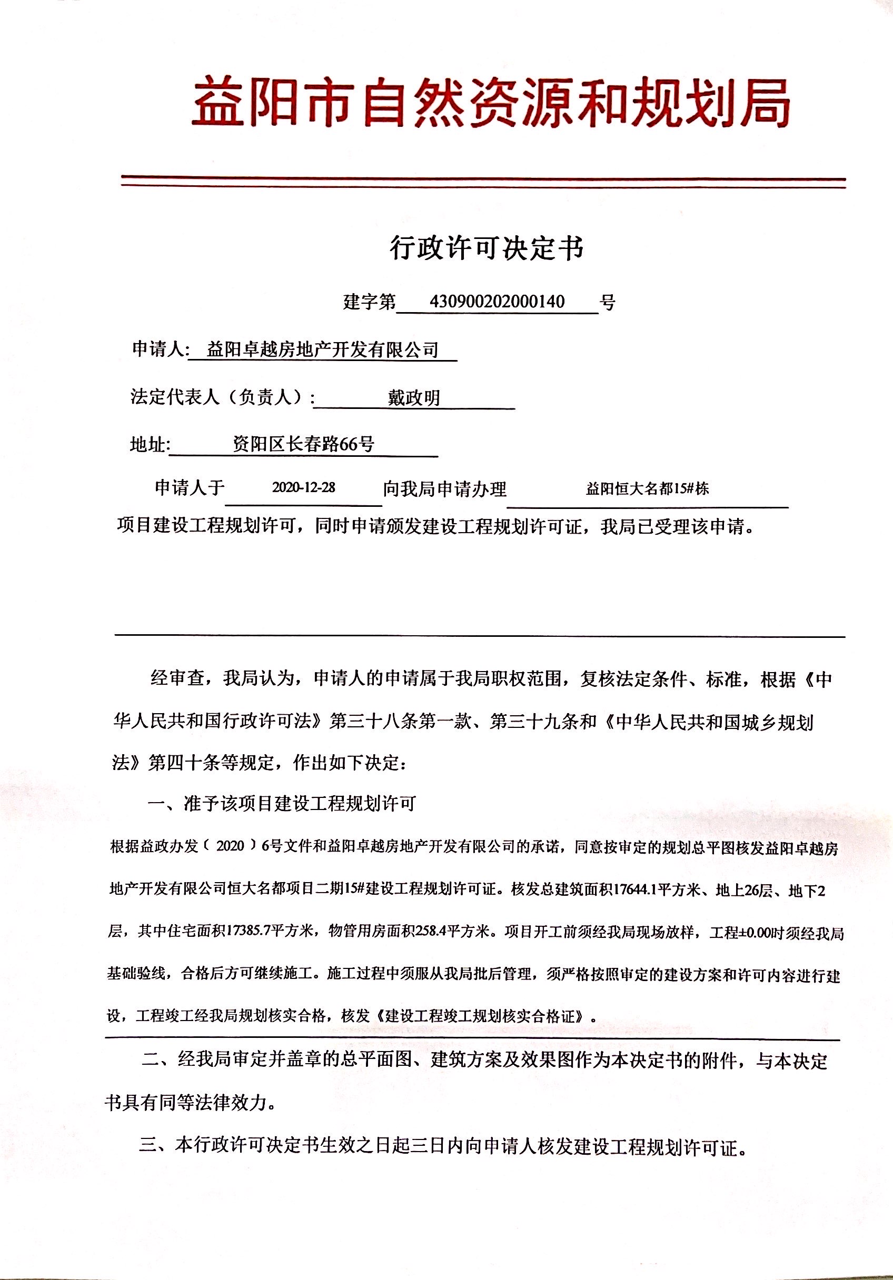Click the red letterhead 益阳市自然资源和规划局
pos(491,104)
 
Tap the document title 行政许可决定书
pos(487,247)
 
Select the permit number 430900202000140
pos(497,302)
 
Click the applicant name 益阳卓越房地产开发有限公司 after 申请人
pos(322,349)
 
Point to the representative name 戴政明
pos(414,397)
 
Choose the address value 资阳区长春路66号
pos(303,444)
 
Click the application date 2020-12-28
pos(303,487)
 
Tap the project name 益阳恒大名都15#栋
pos(647,489)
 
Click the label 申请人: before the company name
pos(161,349)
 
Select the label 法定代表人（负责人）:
pos(223,397)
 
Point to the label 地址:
pos(150,444)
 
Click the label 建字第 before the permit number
pos(369,302)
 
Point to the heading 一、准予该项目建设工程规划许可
pos(281,803)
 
